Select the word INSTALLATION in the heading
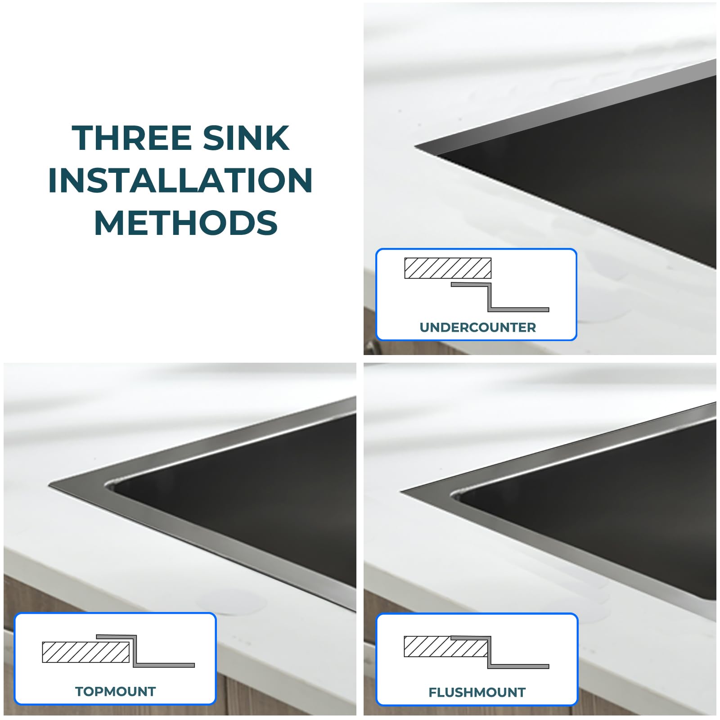pos(180,180)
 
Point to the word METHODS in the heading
pos(186,223)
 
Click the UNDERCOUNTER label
pos(478,327)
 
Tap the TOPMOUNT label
pos(115,691)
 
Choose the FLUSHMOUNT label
pos(477,692)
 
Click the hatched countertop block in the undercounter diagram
pos(448,268)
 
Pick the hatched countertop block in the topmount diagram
pos(86,652)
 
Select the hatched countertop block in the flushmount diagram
pos(445,647)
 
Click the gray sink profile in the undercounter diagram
pos(490,297)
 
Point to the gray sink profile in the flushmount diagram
pos(490,652)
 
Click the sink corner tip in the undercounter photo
pos(415,146)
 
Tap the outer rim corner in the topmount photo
pos(49,485)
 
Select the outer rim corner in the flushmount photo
pos(400,490)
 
